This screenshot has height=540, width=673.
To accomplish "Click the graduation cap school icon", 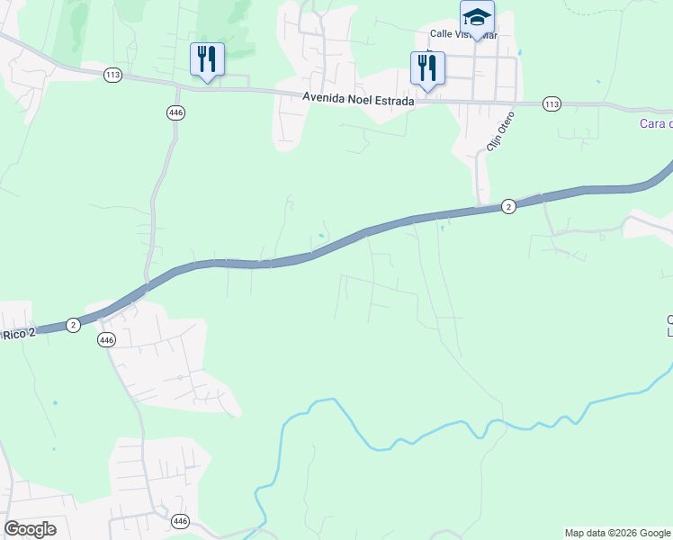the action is (x=477, y=17).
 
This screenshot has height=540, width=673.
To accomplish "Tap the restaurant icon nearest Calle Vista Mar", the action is (x=427, y=67).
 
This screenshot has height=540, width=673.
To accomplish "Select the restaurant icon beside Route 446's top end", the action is (x=207, y=60).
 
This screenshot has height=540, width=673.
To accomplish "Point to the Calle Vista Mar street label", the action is (x=463, y=35).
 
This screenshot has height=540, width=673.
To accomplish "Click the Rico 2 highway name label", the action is (x=17, y=334).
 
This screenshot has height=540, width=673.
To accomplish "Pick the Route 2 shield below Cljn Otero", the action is (x=508, y=206).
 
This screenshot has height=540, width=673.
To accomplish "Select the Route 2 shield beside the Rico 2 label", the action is (x=73, y=324).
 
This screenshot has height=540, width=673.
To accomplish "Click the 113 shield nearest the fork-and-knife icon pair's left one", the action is (x=112, y=76).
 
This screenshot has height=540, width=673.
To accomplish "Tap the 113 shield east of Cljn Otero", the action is (x=552, y=105).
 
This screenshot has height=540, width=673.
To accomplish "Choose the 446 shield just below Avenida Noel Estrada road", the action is (x=175, y=112).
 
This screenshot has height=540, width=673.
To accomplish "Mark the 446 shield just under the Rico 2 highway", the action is (x=107, y=339).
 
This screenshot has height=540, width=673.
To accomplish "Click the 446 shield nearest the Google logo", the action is (x=180, y=521).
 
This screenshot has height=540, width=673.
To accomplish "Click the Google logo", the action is (x=31, y=529).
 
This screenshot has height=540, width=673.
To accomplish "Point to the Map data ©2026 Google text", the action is (x=617, y=533).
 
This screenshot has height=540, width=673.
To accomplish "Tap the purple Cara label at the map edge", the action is (x=655, y=124).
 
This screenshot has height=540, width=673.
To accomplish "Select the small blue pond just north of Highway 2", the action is (x=321, y=237).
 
